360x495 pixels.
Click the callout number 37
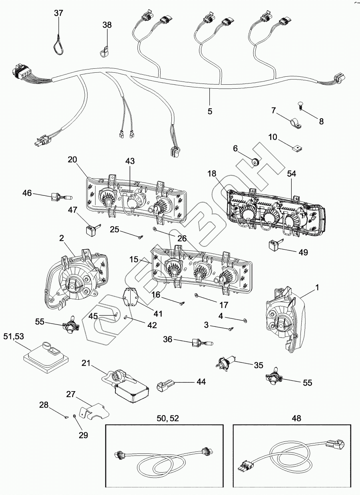tap(59, 13)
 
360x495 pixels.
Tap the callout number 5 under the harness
tap(210, 111)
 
